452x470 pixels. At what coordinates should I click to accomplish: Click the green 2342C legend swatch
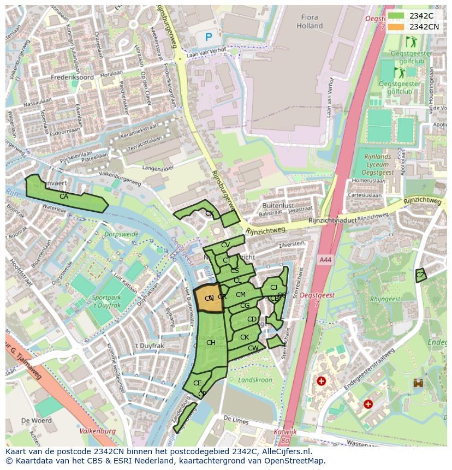396,16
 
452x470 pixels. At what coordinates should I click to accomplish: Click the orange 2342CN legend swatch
396,26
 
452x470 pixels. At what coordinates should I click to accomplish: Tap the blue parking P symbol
209,37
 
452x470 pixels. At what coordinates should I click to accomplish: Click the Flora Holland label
310,21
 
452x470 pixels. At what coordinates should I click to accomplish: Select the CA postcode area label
64,197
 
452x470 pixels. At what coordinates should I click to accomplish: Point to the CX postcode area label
209,213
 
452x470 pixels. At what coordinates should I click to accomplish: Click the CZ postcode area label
420,276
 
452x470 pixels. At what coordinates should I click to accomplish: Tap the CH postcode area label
211,343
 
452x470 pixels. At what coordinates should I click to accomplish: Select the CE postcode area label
198,383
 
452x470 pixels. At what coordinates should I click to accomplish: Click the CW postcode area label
253,348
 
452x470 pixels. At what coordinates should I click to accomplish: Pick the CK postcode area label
245,337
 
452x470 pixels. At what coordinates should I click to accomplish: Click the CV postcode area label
225,245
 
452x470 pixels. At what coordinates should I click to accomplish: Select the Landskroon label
255,380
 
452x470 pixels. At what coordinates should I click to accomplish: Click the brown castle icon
419,383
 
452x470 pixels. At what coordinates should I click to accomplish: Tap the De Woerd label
37,421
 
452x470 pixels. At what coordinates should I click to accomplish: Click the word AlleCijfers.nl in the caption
283,452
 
